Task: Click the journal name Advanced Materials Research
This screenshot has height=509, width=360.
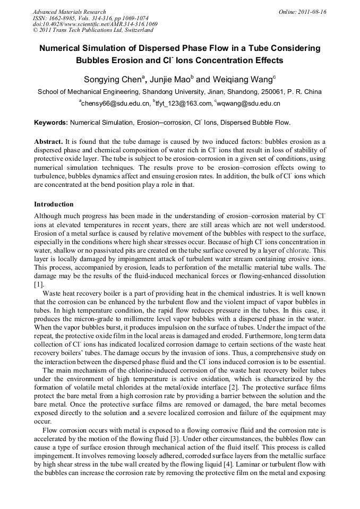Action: pos(69,12)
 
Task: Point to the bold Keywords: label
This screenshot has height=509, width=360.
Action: pos(51,123)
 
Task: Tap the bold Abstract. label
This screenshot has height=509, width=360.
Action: pos(49,142)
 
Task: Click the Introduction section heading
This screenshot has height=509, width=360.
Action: pos(54,204)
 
